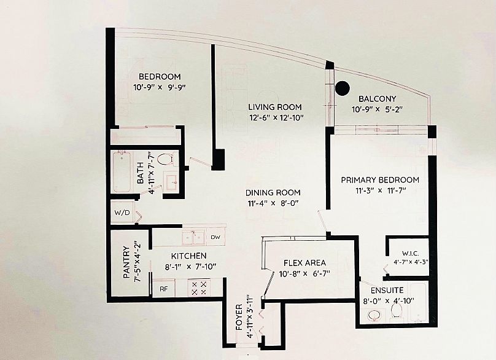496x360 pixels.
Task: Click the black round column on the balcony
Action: pos(342,88)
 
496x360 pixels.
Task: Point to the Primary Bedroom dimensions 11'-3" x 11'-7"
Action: pos(380,190)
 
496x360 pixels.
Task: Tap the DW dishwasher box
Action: pos(215,237)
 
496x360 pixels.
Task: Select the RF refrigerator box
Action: pos(163,288)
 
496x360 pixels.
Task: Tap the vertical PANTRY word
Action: pos(126,263)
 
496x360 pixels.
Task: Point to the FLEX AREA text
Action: pos(304,262)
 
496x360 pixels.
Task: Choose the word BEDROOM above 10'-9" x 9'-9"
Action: pos(159,77)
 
